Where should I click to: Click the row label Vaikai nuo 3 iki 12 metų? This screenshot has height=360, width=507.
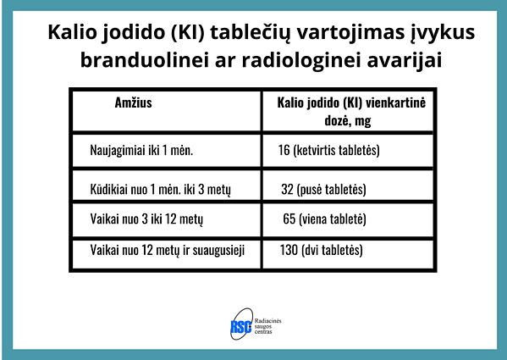[x=146, y=219]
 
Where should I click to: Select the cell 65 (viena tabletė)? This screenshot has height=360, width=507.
[x=325, y=219]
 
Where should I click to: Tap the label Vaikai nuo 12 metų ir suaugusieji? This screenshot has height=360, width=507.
[x=174, y=251]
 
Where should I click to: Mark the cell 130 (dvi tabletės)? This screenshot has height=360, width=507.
[x=321, y=251]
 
